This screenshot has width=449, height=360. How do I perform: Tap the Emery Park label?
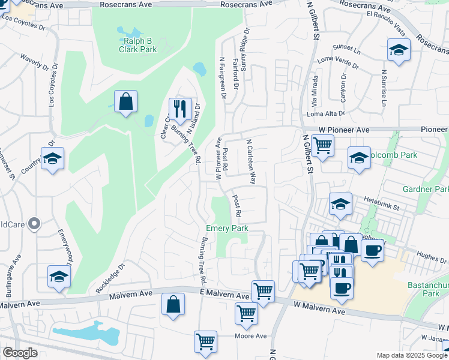click(x=227, y=229)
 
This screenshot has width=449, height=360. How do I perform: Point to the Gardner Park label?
click(x=426, y=190)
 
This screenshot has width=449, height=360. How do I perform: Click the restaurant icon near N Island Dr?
click(x=180, y=109)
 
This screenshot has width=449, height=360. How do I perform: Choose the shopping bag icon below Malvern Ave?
click(x=173, y=304)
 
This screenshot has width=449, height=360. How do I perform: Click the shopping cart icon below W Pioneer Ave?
click(x=323, y=145)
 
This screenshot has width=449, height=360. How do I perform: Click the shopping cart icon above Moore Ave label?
click(x=246, y=313)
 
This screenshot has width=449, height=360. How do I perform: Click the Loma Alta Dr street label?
click(x=326, y=113)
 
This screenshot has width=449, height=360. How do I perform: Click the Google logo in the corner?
click(x=20, y=353)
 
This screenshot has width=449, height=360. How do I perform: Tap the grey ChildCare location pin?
click(x=34, y=224)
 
